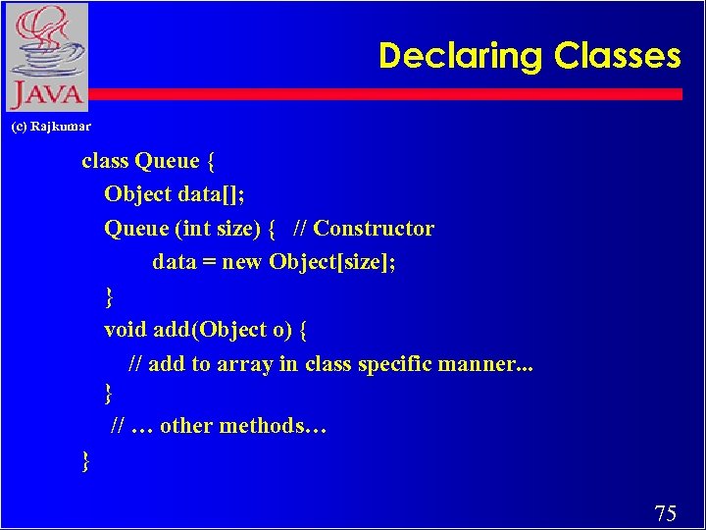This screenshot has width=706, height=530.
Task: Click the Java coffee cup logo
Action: pyautogui.click(x=46, y=57)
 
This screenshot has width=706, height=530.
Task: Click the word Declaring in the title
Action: pyautogui.click(x=462, y=56)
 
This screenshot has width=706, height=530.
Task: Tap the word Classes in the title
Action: pyautogui.click(x=618, y=56)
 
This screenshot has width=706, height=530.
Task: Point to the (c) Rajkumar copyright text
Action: pyautogui.click(x=51, y=127)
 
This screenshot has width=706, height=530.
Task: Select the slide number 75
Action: pyautogui.click(x=665, y=512)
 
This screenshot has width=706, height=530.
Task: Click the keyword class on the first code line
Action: pyautogui.click(x=106, y=160)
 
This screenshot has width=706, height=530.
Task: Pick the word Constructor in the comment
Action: pyautogui.click(x=374, y=229)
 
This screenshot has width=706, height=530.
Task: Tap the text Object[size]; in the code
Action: pyautogui.click(x=332, y=262)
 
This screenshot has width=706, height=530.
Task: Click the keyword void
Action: pyautogui.click(x=126, y=329)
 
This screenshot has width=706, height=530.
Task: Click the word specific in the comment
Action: pyautogui.click(x=395, y=363)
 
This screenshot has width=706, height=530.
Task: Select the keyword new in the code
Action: pyautogui.click(x=242, y=262)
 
